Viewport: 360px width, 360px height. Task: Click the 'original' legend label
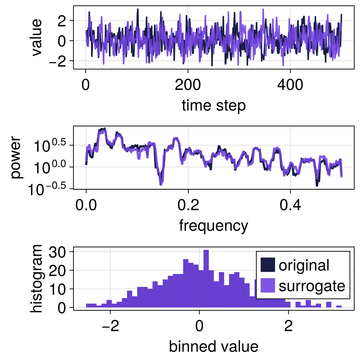tap(304, 265)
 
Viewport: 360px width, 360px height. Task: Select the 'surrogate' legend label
tap(312, 286)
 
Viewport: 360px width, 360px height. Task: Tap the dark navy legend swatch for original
tap(267, 265)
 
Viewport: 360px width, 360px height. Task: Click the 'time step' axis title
tap(214, 106)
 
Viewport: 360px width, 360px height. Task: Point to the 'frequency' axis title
tap(213, 226)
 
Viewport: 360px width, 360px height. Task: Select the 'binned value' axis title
tap(213, 346)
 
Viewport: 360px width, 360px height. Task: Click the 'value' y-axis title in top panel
tap(36, 37)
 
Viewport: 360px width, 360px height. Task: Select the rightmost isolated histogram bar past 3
tap(339, 307)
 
